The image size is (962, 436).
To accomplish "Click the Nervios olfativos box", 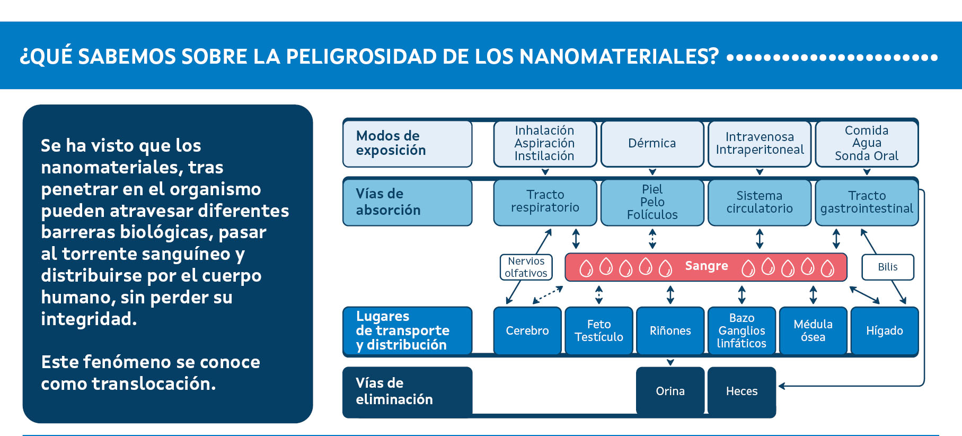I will click(526, 267).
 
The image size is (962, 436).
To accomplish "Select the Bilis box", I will click(887, 267).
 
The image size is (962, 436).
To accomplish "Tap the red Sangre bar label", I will click(706, 266).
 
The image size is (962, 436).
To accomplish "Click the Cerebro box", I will click(527, 330).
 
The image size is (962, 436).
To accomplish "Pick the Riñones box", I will click(670, 330).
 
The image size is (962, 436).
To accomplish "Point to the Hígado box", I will click(884, 330).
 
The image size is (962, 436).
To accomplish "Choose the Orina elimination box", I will click(670, 391).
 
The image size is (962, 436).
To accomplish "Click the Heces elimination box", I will click(742, 391).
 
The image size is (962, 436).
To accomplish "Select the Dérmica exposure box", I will click(652, 143).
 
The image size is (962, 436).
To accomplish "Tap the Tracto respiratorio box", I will click(545, 202).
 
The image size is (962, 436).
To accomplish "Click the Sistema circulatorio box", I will click(760, 202).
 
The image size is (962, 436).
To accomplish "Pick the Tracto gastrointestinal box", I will click(867, 202).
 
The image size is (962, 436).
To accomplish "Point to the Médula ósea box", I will click(813, 330).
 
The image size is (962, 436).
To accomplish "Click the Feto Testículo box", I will click(598, 330).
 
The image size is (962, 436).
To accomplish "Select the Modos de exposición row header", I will click(407, 143).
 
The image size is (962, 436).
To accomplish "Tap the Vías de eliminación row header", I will click(407, 391).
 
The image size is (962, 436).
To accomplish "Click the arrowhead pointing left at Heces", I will click(781, 386).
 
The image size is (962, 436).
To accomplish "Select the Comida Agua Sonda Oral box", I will click(867, 143).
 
